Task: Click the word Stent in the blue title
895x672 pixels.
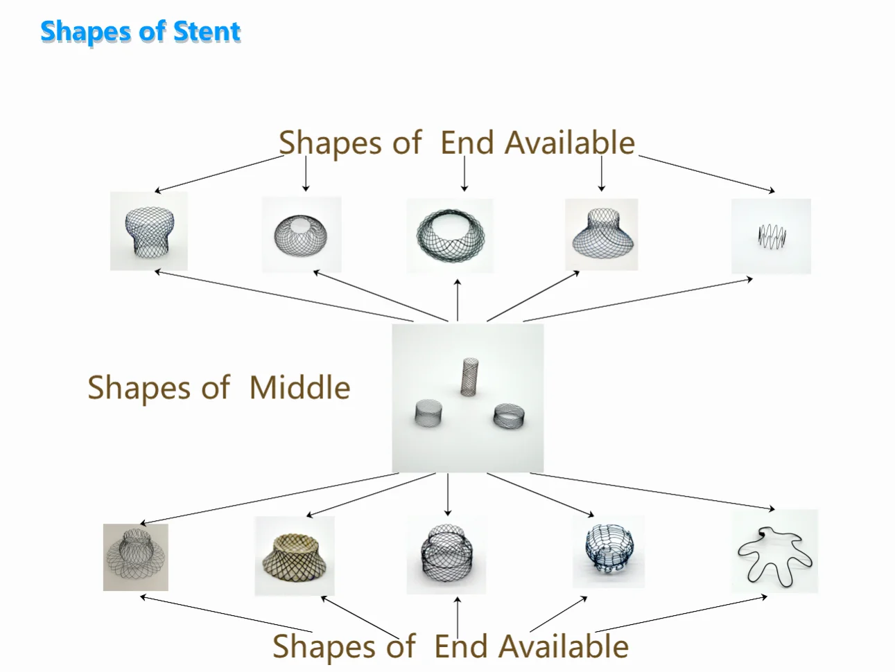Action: [207, 32]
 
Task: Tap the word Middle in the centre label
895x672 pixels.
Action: [299, 388]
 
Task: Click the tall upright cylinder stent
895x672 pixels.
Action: [471, 377]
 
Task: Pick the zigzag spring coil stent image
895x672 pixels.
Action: [772, 236]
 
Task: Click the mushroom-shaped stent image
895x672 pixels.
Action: [149, 231]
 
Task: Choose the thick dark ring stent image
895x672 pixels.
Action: [450, 236]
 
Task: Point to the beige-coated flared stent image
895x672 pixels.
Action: [295, 555]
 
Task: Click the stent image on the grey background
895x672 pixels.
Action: [136, 557]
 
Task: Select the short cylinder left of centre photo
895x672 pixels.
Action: [428, 414]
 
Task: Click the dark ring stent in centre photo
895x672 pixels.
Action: [510, 416]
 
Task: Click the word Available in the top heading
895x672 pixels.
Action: [569, 143]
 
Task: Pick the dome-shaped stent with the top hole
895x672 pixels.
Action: [302, 233]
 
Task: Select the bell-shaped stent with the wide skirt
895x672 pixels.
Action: [601, 232]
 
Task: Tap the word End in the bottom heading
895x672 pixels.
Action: [461, 646]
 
